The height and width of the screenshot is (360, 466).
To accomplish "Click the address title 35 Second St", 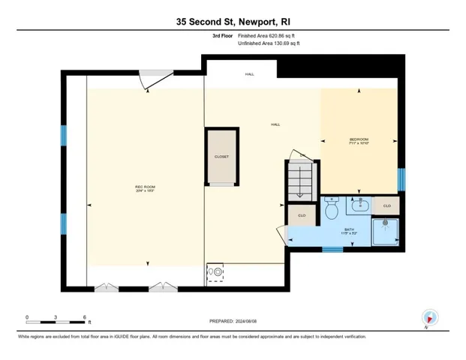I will point(233,22).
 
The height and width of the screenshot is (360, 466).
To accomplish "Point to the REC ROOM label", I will point(145,187).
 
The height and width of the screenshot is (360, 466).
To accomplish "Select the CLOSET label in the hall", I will point(221,157).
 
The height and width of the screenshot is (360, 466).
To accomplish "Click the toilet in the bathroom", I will point(332,209).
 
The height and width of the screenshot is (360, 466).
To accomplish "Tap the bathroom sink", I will point(361,204).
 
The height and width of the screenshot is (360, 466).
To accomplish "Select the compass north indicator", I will point(429,318).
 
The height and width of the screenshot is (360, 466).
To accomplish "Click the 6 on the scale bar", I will point(85,317).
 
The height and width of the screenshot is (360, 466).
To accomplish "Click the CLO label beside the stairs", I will point(301,215).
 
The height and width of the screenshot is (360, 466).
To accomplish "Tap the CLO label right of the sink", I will point(387,205).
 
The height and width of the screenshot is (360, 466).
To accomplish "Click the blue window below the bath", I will point(332,248).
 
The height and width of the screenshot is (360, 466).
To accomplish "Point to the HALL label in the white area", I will point(249,75).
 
